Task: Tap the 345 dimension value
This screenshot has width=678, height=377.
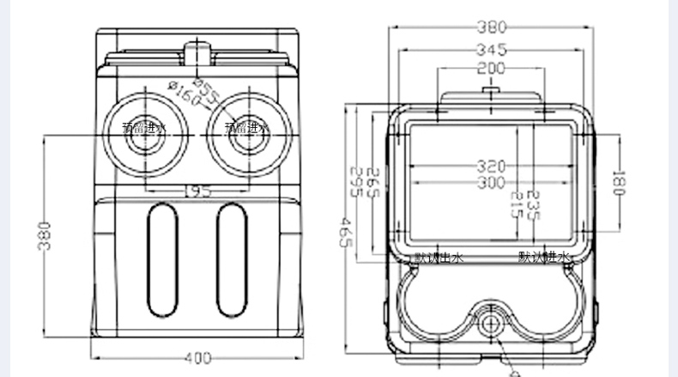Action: [491, 49]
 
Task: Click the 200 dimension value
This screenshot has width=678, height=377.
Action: [491, 68]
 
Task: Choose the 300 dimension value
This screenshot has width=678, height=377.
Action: [492, 182]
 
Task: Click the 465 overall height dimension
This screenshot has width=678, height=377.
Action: [347, 231]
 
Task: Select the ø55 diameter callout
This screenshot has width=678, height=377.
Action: [206, 89]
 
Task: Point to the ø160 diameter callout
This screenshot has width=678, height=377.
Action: [185, 94]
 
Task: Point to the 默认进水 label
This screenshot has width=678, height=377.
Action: [543, 257]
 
